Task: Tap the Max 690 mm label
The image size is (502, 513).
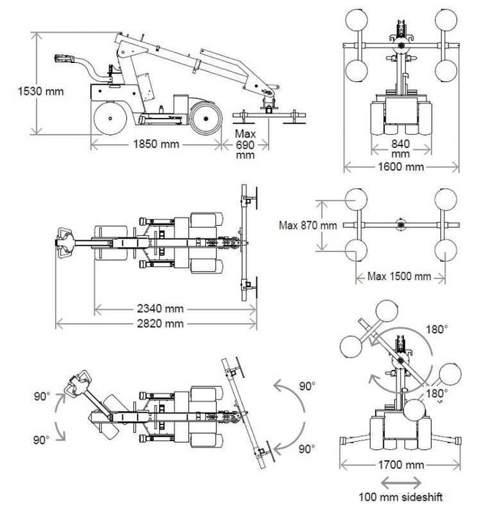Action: (245, 144)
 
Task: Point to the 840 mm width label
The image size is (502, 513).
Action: (400, 149)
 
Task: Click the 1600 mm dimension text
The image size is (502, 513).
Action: (400, 167)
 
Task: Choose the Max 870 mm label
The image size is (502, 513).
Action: (308, 225)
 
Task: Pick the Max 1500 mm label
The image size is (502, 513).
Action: (400, 276)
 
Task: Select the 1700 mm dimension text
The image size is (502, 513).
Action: (400, 465)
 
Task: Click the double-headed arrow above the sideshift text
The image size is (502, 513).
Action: (400, 482)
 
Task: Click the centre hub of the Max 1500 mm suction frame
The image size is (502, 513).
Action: (400, 224)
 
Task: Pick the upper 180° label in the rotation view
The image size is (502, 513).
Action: (436, 330)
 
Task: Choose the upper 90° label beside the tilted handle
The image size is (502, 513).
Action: (42, 396)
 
